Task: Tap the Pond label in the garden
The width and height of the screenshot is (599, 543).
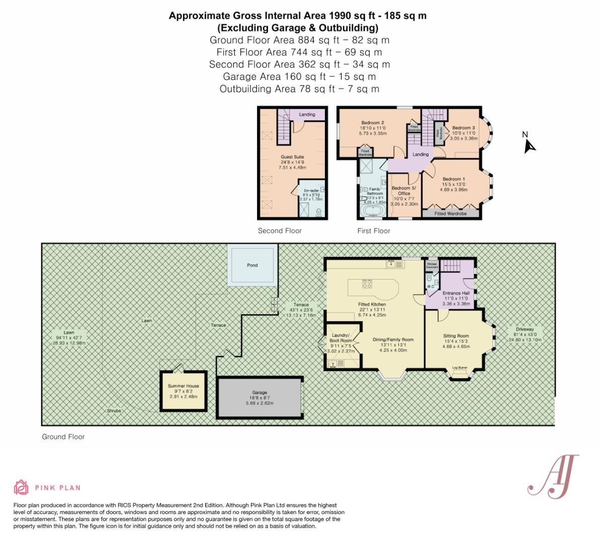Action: [252, 265]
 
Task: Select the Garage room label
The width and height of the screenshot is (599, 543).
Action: [260, 393]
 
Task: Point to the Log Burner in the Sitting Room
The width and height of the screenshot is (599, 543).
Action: [460, 368]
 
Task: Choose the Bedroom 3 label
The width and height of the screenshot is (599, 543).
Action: [463, 128]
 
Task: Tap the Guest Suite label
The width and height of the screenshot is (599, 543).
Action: [292, 157]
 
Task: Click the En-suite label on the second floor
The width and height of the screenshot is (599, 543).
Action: [311, 191]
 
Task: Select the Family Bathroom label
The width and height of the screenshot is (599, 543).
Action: [375, 191]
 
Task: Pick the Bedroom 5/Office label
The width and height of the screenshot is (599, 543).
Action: [404, 191]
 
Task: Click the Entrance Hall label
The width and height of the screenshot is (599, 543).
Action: [456, 293]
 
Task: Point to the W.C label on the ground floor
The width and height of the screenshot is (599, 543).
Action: [431, 287]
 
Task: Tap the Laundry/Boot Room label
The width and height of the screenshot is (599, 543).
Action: [341, 338]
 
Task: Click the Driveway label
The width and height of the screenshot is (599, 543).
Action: [524, 329]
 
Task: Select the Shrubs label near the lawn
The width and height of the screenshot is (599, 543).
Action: [114, 411]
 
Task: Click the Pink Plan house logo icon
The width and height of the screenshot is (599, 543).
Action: [21, 487]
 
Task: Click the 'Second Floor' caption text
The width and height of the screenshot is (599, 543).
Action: [280, 231]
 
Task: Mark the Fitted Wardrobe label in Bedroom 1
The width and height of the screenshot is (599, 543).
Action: [451, 214]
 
